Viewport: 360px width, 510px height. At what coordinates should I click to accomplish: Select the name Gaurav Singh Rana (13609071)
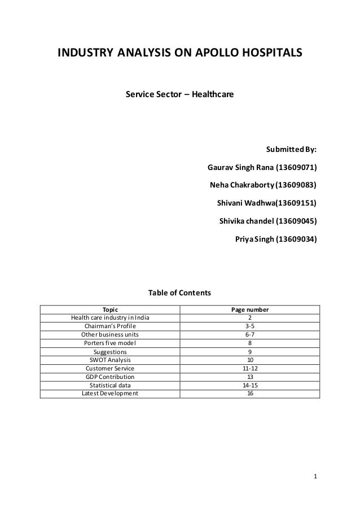tap(262, 168)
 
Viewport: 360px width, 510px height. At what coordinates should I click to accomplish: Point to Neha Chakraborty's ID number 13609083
tap(296, 185)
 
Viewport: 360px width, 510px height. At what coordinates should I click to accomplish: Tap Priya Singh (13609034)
tap(275, 238)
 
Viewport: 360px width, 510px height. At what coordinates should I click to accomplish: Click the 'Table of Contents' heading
tap(179, 293)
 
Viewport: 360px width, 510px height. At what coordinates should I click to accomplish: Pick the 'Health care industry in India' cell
tap(110, 318)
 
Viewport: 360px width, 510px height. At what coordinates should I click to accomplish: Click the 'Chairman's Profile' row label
tap(110, 326)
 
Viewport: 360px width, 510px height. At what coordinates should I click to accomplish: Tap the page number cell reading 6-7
tap(250, 334)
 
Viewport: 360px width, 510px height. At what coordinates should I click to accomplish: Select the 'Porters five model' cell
tap(110, 342)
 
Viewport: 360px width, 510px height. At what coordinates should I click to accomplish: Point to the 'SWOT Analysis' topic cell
tap(110, 360)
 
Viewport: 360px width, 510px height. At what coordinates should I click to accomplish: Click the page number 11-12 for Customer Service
tap(250, 368)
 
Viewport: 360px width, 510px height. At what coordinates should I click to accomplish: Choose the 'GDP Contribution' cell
tap(110, 377)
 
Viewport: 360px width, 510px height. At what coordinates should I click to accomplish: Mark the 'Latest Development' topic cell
tap(110, 394)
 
